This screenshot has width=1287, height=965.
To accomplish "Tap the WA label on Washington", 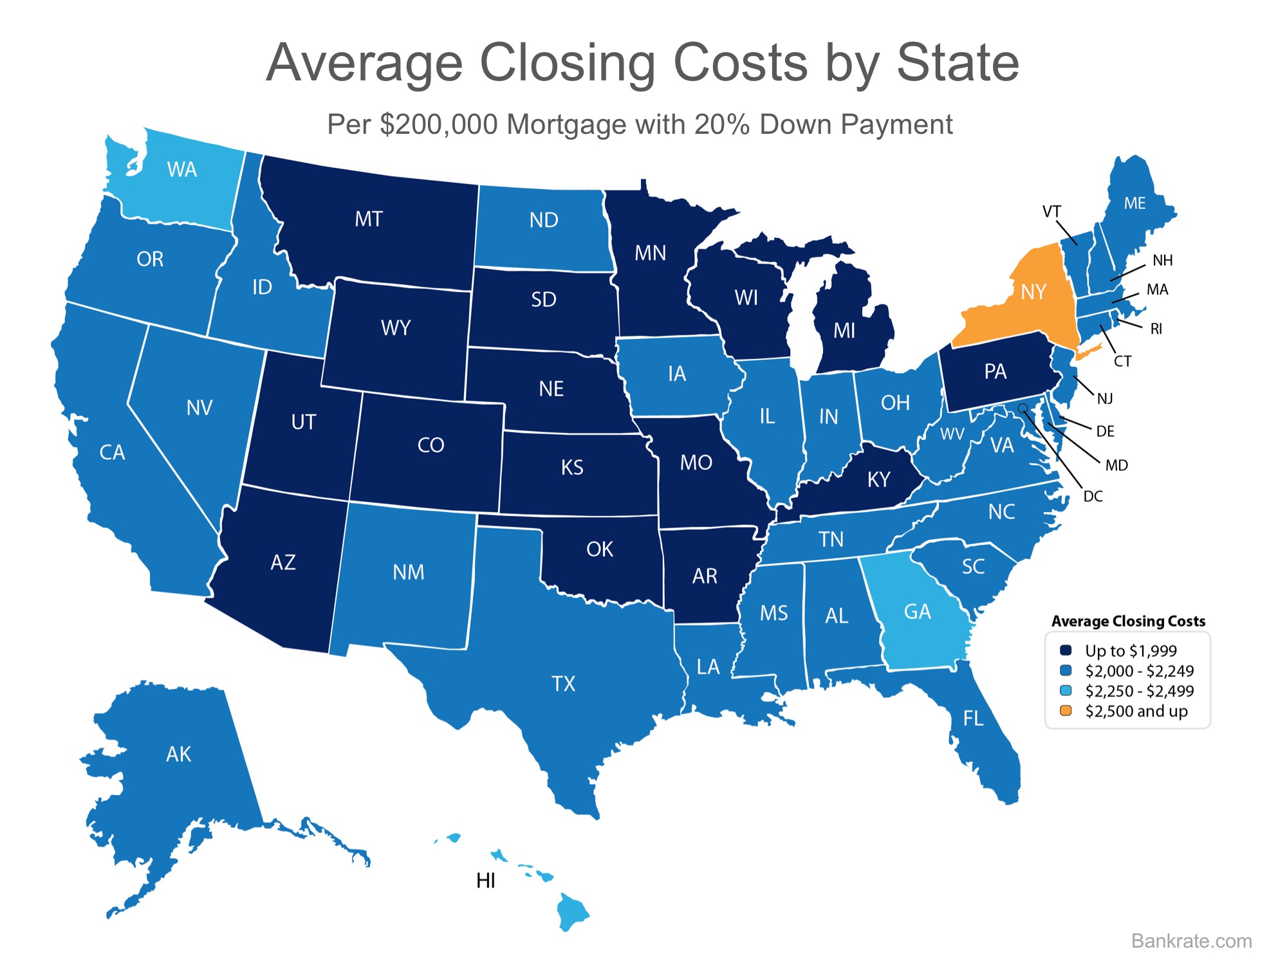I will point(181,170).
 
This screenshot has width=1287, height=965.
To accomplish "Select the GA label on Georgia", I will point(917,611).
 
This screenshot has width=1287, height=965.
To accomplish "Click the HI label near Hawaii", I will point(486,881).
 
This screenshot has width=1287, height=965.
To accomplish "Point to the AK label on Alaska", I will point(178,754).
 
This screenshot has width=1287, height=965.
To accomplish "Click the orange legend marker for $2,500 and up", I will point(1066,711).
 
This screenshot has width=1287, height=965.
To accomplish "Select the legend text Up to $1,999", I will point(1131,651).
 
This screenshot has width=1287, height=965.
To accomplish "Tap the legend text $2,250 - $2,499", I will point(1139,691).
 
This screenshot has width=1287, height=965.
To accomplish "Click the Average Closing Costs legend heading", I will point(1128,621).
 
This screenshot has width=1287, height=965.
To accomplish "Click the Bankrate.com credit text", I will point(1192,941).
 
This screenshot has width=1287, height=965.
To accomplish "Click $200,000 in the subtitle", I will point(439,125).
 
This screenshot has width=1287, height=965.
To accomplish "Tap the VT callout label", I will point(1051,212).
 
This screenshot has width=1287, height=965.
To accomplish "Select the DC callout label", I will point(1093,496).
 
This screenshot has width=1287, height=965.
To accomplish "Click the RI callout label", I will point(1156,329).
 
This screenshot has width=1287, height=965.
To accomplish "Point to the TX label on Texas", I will point(563,683).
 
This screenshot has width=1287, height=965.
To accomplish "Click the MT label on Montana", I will point(369,219).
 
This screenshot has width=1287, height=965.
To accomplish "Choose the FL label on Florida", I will point(973,718).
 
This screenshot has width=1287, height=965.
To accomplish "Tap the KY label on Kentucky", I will point(878,479).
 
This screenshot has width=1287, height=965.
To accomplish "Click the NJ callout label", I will point(1105,399).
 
